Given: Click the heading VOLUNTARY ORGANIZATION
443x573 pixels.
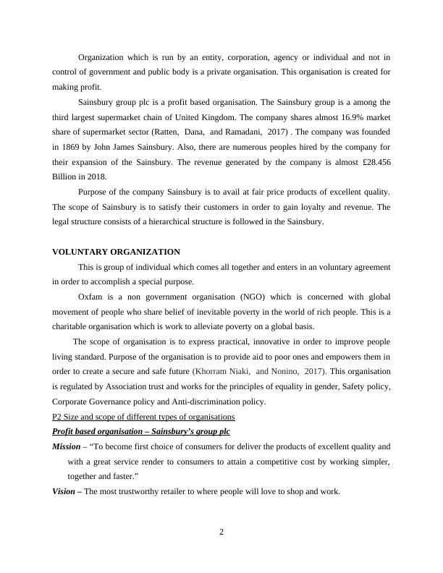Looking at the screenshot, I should (116, 252).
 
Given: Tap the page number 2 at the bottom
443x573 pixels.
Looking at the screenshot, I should (221, 533).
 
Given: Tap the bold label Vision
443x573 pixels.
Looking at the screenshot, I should (64, 491).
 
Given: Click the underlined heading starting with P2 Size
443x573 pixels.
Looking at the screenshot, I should (143, 417).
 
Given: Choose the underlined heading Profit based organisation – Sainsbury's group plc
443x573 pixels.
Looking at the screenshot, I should (141, 431).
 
